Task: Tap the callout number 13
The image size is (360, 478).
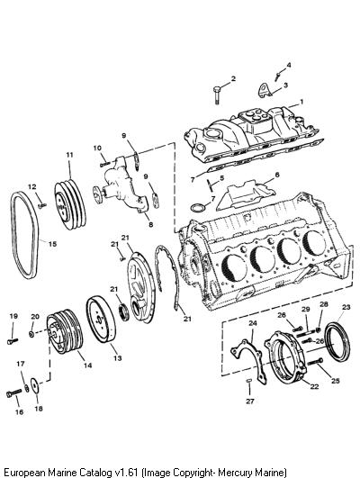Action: click(x=117, y=358)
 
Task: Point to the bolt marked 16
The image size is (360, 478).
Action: click(x=13, y=393)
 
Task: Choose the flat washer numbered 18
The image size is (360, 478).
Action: click(x=34, y=386)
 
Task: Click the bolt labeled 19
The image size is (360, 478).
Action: click(x=13, y=341)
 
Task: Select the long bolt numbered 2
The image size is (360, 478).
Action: click(x=216, y=95)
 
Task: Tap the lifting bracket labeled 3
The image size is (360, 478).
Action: click(x=265, y=90)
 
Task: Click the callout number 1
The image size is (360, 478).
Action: click(x=301, y=102)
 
